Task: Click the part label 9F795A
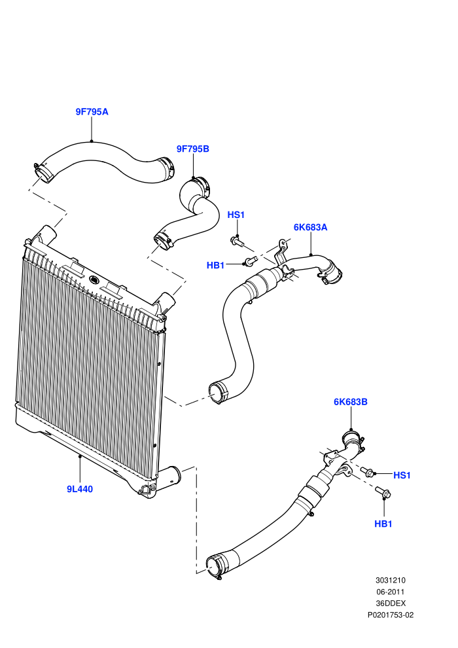pyautogui.click(x=92, y=111)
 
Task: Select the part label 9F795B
pyautogui.click(x=193, y=149)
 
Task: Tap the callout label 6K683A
pyautogui.click(x=310, y=227)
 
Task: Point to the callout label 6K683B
pyautogui.click(x=350, y=402)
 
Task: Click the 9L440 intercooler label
pyautogui.click(x=80, y=490)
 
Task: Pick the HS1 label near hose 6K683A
pyautogui.click(x=236, y=215)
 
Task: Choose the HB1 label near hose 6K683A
pyautogui.click(x=215, y=265)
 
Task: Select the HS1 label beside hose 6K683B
pyautogui.click(x=402, y=475)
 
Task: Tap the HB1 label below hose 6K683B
pyautogui.click(x=383, y=524)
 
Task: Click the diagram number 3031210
pyautogui.click(x=390, y=580)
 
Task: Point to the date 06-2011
pyautogui.click(x=390, y=592)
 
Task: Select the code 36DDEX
pyautogui.click(x=391, y=603)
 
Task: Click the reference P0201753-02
pyautogui.click(x=390, y=615)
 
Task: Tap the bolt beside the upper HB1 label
pyautogui.click(x=250, y=261)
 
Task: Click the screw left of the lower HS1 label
pyautogui.click(x=367, y=471)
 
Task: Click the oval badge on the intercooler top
pyautogui.click(x=94, y=279)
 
